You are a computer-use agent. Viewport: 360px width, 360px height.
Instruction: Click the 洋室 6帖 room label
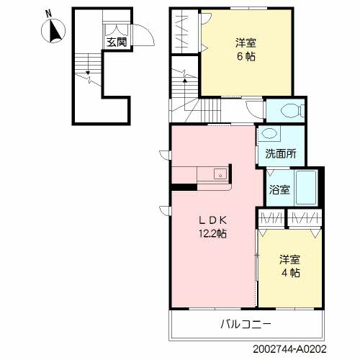(x=246, y=49)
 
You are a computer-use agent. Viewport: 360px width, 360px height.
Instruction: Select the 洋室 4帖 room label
(x=290, y=266)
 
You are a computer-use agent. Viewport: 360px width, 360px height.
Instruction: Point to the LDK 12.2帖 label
(x=213, y=226)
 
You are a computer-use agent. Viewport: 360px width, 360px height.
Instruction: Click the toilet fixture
(x=289, y=110)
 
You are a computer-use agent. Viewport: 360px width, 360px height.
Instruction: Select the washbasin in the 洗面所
(x=269, y=135)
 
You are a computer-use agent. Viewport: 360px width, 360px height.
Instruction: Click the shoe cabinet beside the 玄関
(x=114, y=28)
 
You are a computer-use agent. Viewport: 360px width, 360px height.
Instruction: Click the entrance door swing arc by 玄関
(x=143, y=35)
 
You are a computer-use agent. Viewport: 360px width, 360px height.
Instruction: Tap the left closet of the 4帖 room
(x=271, y=217)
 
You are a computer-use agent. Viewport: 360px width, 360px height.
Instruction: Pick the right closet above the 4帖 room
(x=302, y=217)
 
